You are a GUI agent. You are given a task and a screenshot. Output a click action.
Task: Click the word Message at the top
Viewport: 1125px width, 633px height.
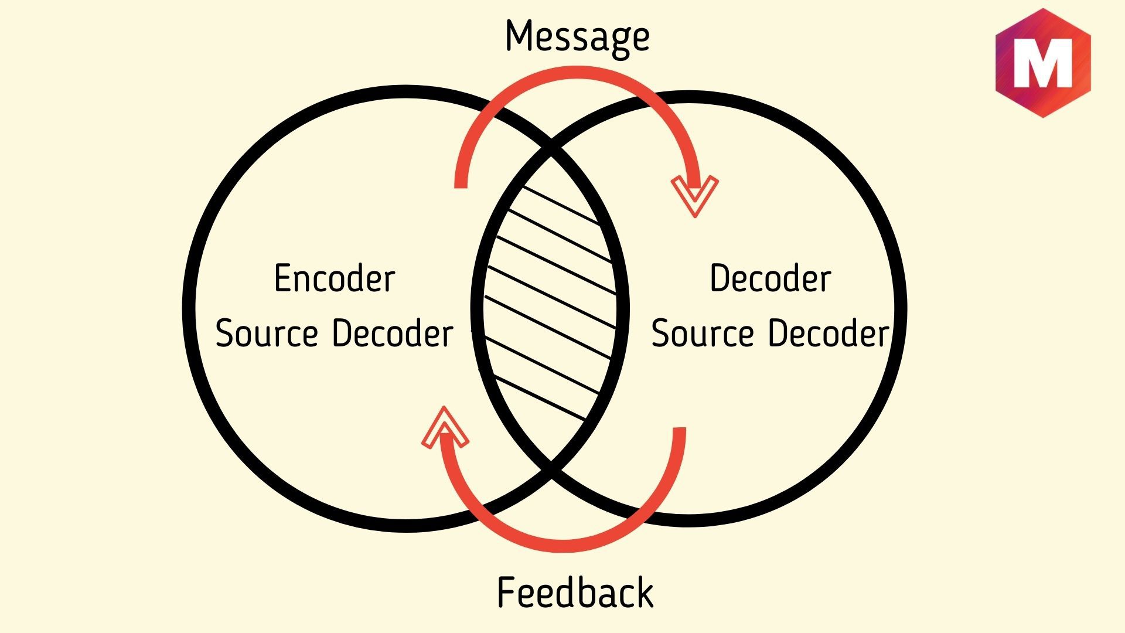pyautogui.click(x=577, y=36)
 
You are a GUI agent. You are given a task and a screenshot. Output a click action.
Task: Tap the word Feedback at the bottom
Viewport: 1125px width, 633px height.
pyautogui.click(x=575, y=593)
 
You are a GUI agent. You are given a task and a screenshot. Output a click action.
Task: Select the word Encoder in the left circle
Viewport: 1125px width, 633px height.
pyautogui.click(x=335, y=278)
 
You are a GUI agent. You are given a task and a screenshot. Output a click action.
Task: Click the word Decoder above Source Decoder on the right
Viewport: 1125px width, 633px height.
pyautogui.click(x=770, y=278)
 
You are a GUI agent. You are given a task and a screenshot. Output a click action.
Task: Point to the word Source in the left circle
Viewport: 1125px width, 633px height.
pyautogui.click(x=267, y=333)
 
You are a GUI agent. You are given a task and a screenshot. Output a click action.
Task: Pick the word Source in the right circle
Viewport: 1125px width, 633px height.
pyautogui.click(x=703, y=333)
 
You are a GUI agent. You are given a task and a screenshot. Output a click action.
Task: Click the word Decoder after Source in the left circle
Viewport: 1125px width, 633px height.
pyautogui.click(x=393, y=333)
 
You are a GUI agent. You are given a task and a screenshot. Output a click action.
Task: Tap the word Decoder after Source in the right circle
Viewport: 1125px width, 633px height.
pyautogui.click(x=829, y=333)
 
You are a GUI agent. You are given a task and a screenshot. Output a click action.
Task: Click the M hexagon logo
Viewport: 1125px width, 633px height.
pyautogui.click(x=1042, y=63)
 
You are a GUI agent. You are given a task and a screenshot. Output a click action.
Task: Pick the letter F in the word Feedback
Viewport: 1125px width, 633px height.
pyautogui.click(x=505, y=593)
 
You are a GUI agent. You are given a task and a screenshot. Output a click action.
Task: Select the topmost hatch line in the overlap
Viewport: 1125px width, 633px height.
pyautogui.click(x=560, y=205)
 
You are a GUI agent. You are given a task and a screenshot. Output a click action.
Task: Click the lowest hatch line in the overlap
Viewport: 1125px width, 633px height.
pyautogui.click(x=539, y=399)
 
